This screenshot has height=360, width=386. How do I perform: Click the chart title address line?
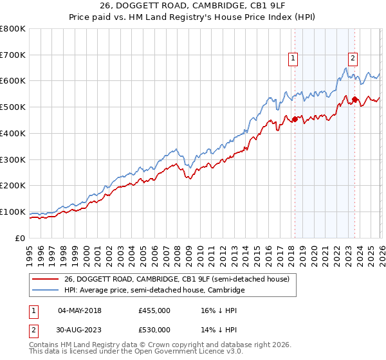(193, 6)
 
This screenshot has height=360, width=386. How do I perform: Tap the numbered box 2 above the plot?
(353, 58)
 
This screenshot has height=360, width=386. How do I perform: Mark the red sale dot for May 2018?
(295, 119)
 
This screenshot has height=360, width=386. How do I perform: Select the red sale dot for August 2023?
(354, 99)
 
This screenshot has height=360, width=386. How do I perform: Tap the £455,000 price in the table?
(154, 310)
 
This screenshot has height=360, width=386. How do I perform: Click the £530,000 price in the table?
(154, 331)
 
